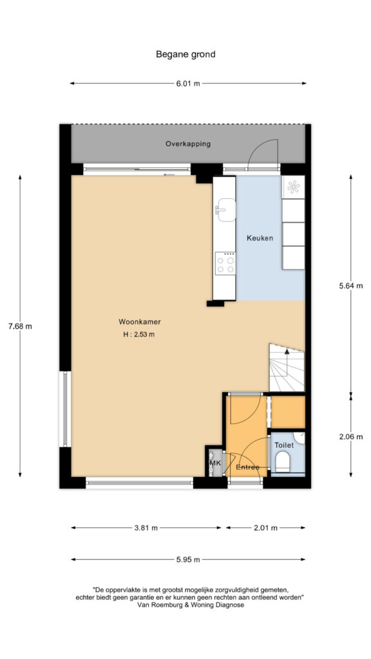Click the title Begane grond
[185, 54]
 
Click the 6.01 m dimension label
[188, 83]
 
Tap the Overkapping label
[187, 144]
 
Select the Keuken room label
[260, 238]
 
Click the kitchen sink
[225, 210]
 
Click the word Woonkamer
[140, 322]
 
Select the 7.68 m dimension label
[20, 326]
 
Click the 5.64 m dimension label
[350, 286]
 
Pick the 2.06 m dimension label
[350, 437]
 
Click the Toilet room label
[284, 445]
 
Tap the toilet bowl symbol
[282, 461]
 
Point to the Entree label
[247, 467]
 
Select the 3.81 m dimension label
[146, 528]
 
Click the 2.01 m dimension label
[266, 528]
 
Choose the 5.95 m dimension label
[188, 559]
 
